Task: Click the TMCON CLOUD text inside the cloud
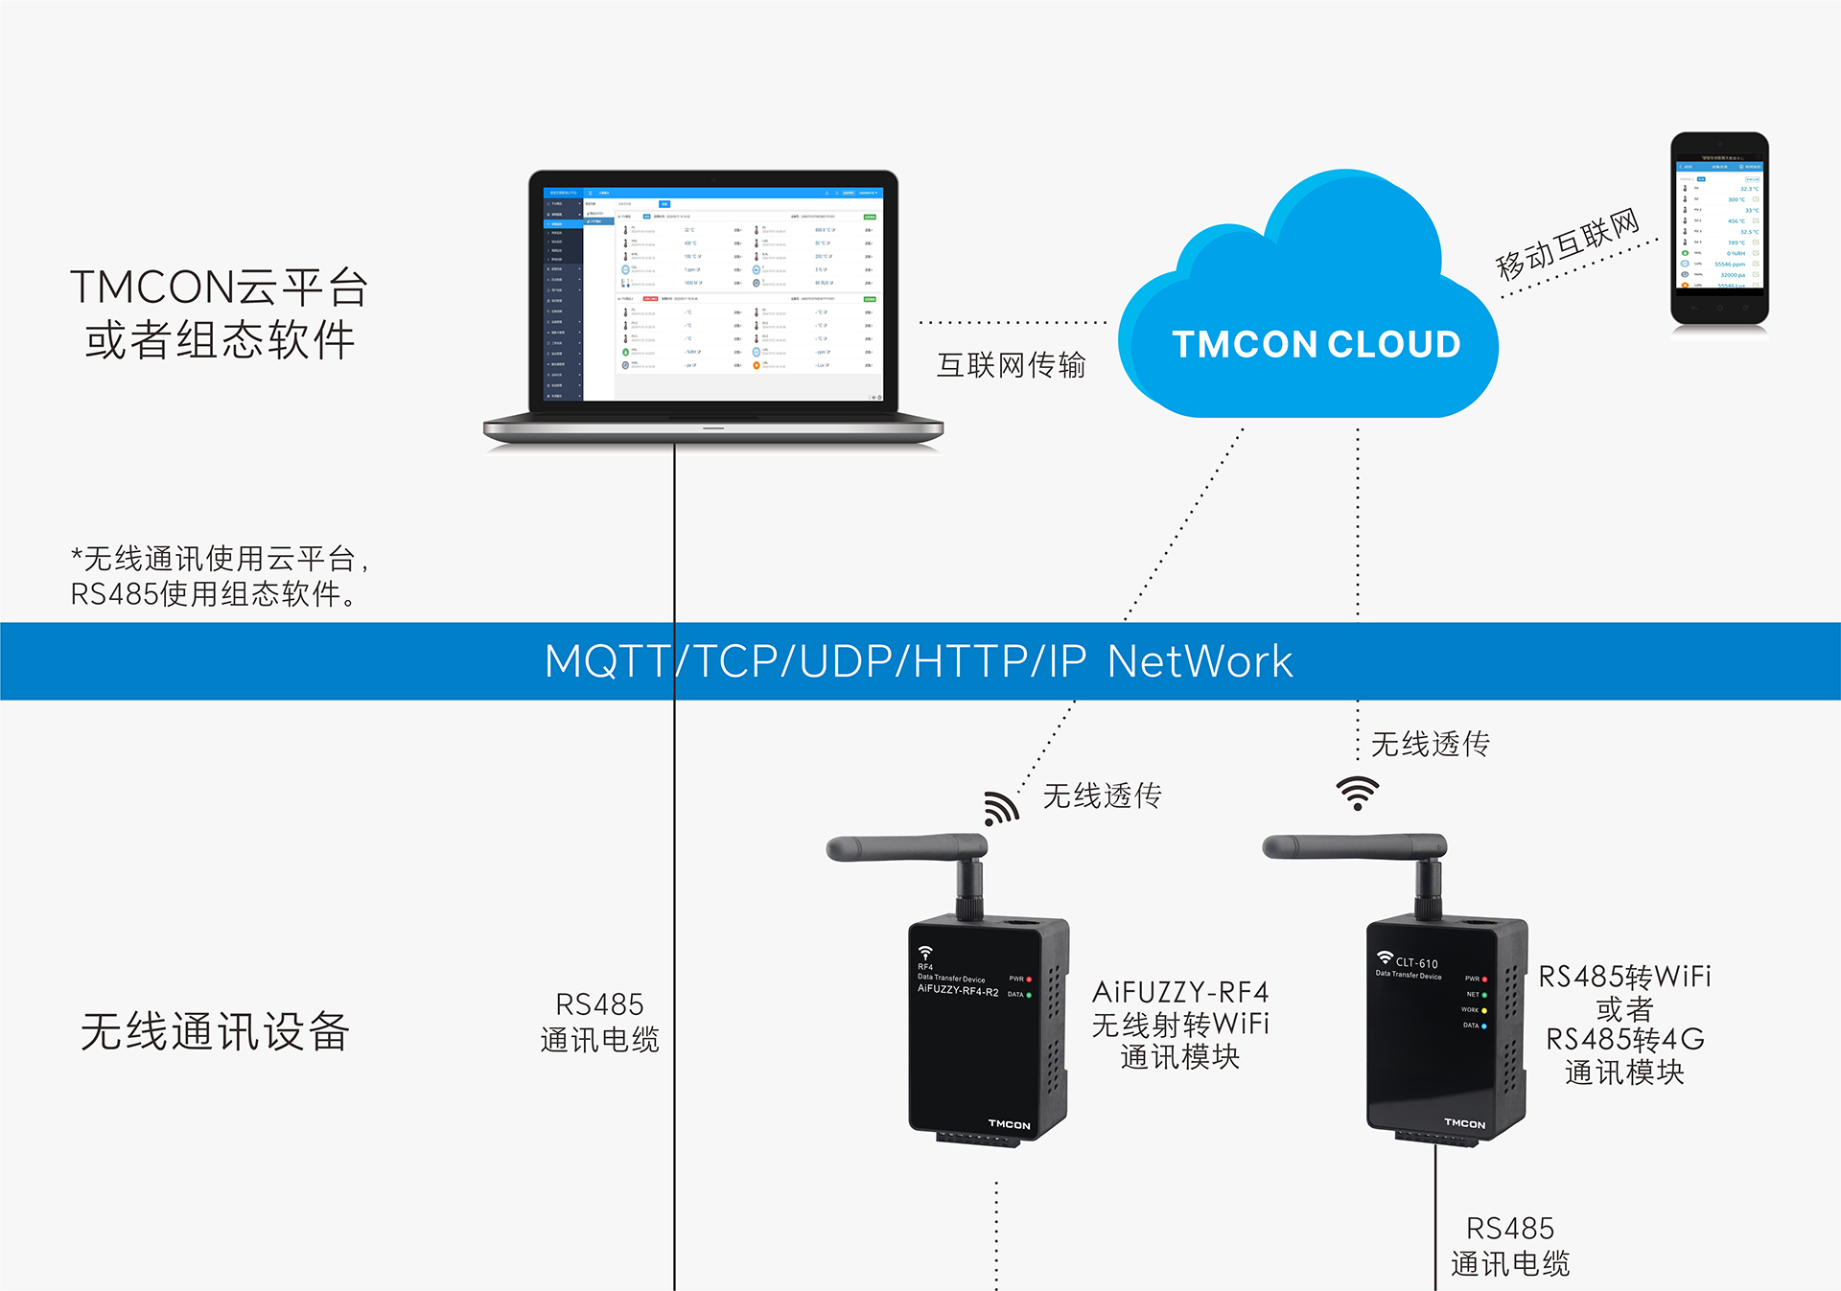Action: click(1316, 345)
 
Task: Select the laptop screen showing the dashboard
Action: click(713, 292)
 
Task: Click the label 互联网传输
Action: click(1011, 365)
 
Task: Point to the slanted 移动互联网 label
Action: click(1568, 244)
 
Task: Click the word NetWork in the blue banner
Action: click(1200, 661)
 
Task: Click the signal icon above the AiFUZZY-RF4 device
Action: click(1000, 809)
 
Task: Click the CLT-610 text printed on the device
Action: click(1416, 963)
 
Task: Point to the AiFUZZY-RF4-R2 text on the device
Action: click(957, 989)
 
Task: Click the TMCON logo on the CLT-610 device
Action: click(1464, 1123)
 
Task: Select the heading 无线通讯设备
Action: click(215, 1032)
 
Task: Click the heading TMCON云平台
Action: click(219, 288)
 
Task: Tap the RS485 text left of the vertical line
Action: click(599, 1004)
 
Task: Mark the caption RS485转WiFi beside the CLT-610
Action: click(1624, 977)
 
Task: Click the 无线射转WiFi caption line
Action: click(1180, 1025)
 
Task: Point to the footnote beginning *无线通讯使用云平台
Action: click(221, 559)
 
